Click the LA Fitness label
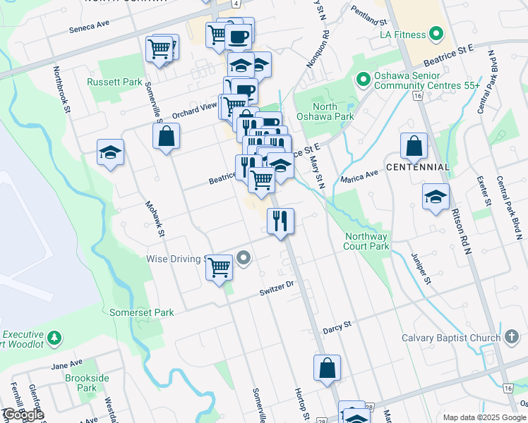pyautogui.click(x=403, y=34)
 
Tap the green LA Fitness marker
pyautogui.click(x=436, y=33)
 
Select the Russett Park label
pyautogui.click(x=114, y=82)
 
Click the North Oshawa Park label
pyautogui.click(x=334, y=111)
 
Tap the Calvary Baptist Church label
pyautogui.click(x=451, y=338)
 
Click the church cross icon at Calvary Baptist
pyautogui.click(x=513, y=337)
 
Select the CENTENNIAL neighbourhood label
pyautogui.click(x=417, y=167)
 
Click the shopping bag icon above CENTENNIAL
pyautogui.click(x=414, y=146)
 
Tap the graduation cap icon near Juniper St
pyautogui.click(x=436, y=197)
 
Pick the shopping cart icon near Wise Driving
pyautogui.click(x=220, y=267)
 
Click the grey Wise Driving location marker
pyautogui.click(x=244, y=259)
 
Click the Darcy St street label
pyautogui.click(x=337, y=327)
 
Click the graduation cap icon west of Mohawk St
pyautogui.click(x=111, y=152)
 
